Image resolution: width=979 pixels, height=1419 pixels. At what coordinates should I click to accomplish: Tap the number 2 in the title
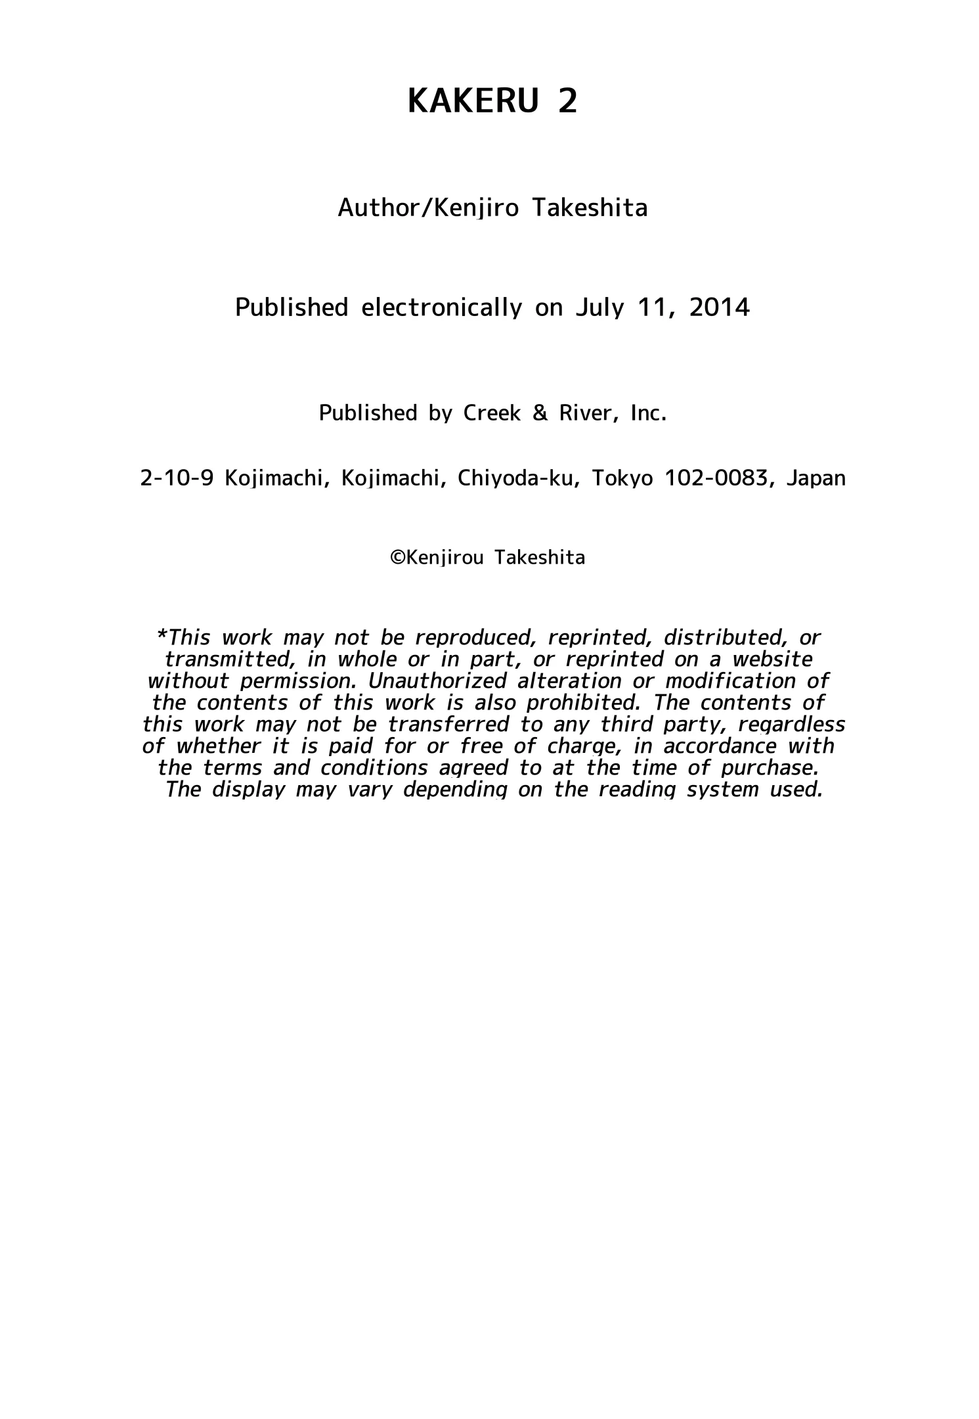pos(567,102)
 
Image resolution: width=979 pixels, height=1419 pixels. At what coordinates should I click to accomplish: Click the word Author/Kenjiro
pos(428,208)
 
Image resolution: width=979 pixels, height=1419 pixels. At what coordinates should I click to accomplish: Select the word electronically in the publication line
pos(441,307)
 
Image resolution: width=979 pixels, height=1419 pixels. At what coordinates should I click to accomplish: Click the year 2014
pos(719,307)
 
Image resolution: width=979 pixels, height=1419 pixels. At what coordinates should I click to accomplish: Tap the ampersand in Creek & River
pos(540,413)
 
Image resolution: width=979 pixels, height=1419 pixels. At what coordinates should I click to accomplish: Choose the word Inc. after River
pos(649,413)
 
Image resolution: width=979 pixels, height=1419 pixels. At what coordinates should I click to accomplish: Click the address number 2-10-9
pos(177,478)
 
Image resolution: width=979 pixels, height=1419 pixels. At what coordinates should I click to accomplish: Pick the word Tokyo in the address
pos(622,478)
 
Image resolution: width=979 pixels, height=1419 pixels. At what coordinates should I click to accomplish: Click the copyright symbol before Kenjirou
pos(397,558)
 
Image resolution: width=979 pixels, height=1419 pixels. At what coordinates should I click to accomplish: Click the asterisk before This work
pos(162,636)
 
